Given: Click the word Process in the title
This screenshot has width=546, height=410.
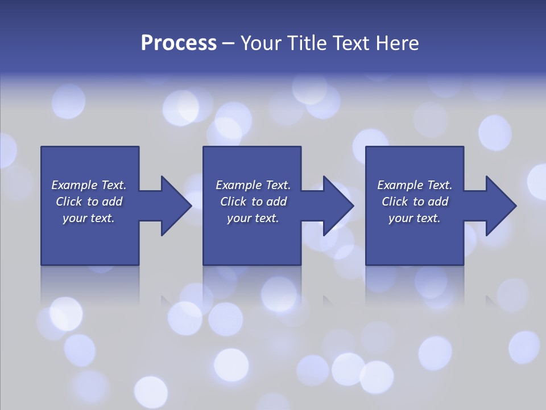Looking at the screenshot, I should click(179, 43).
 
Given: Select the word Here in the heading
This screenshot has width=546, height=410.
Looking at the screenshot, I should click(396, 43).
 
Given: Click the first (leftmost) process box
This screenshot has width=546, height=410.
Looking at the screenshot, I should click(90, 239).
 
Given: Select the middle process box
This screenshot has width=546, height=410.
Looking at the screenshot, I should click(252, 239).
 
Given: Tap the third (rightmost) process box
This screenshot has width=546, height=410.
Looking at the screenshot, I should click(414, 239).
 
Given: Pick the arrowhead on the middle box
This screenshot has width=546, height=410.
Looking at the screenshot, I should click(338, 206).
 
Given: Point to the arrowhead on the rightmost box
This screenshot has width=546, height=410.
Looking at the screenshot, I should click(500, 206).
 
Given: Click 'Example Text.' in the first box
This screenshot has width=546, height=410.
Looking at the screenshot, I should click(89, 185).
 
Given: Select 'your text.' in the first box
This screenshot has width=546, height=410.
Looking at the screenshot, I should click(89, 218).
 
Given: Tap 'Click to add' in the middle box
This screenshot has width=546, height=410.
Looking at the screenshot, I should click(253, 202).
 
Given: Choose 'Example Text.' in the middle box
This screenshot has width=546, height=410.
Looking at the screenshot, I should click(253, 185).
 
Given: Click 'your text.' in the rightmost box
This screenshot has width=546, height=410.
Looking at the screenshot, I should click(415, 218).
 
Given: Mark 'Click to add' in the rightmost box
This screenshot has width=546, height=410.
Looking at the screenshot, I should click(415, 202).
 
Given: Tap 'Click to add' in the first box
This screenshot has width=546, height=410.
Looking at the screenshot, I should click(89, 202).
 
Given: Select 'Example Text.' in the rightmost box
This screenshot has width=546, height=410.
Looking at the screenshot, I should click(415, 185).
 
